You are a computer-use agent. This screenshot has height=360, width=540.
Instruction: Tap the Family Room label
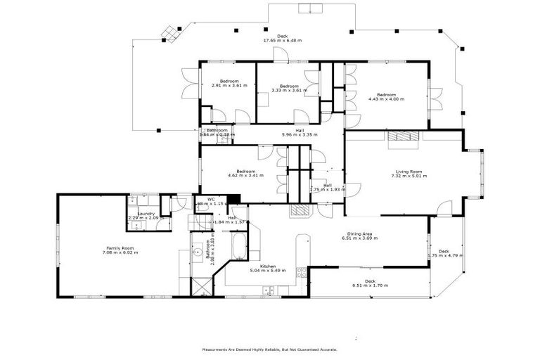click(x=120, y=247)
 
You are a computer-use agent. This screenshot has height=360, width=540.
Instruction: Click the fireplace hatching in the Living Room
click(x=402, y=136)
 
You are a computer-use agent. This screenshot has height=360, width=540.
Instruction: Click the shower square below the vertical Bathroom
click(x=200, y=286)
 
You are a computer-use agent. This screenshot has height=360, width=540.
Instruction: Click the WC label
click(x=211, y=199)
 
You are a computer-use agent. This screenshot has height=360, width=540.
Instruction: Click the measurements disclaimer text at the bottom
click(x=270, y=349)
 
